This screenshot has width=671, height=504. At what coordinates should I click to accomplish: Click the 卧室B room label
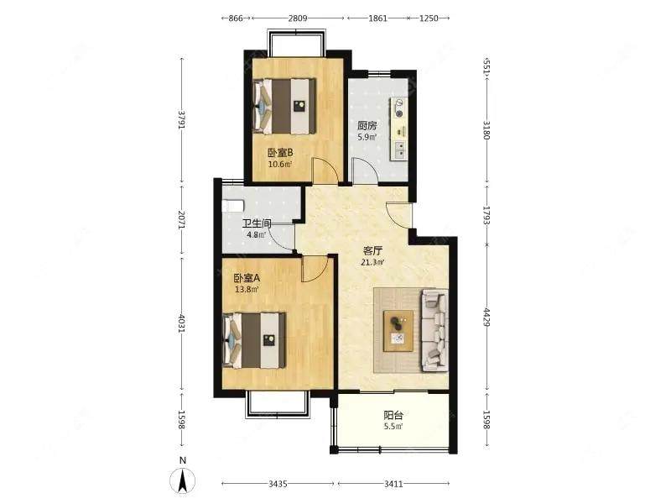pyautogui.click(x=279, y=152)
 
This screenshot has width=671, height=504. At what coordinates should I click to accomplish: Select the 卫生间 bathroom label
pyautogui.click(x=257, y=223)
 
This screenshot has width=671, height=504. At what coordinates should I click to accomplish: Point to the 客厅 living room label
pyautogui.click(x=373, y=250)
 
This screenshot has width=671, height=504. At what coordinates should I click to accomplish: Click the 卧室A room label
pyautogui.click(x=247, y=278)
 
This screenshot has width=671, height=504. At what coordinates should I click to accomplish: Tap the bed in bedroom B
pyautogui.click(x=285, y=106)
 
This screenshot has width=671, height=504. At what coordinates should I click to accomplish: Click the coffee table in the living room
pyautogui.click(x=398, y=330)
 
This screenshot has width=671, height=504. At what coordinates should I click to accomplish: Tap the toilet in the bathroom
pyautogui.click(x=231, y=205)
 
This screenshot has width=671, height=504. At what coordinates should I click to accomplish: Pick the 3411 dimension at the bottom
pyautogui.click(x=394, y=484)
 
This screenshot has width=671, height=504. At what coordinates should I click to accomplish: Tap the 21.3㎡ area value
pyautogui.click(x=373, y=262)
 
